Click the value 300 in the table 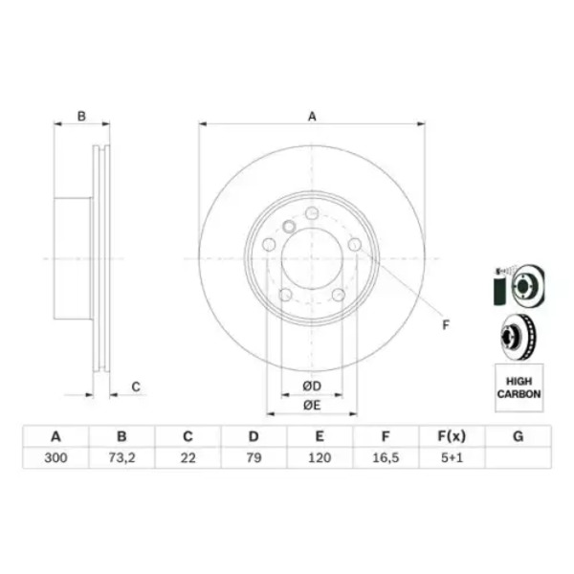tap(55, 457)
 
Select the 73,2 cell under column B tap(121, 457)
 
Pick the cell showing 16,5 tap(386, 457)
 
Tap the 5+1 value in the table tap(453, 457)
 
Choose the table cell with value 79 tap(254, 457)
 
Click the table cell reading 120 tap(320, 457)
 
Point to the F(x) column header tap(453, 436)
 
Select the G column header tap(518, 436)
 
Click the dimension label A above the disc tap(312, 117)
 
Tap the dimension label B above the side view tap(81, 117)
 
